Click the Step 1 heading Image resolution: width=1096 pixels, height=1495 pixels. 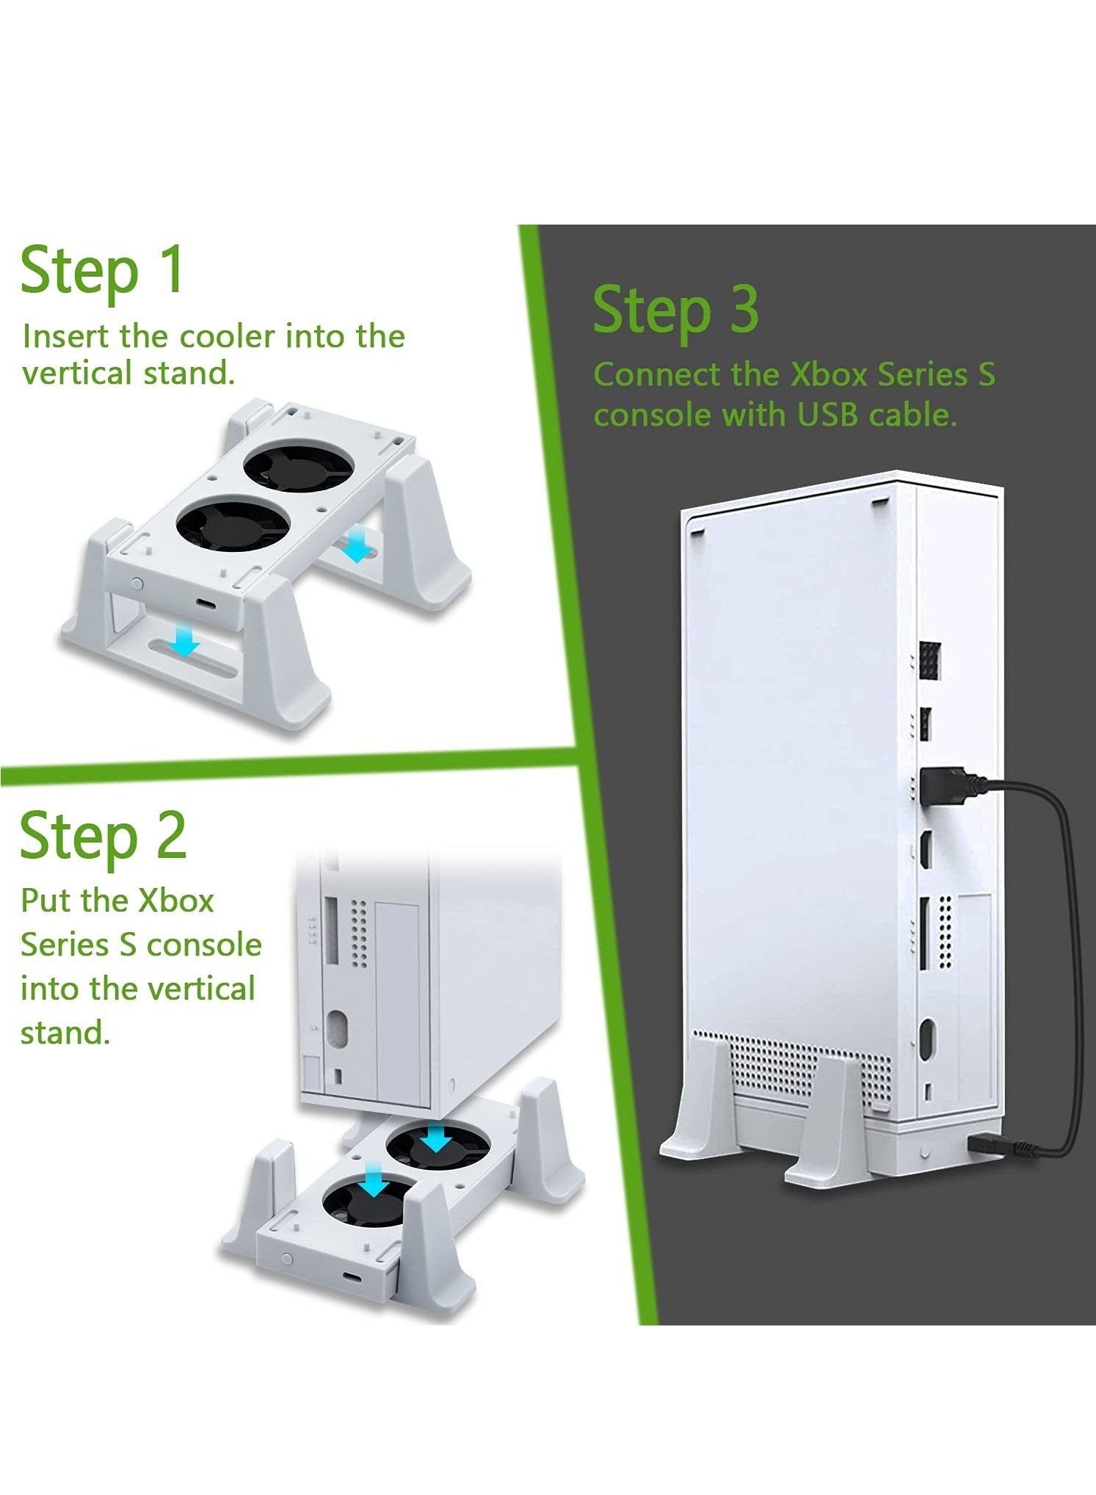102,271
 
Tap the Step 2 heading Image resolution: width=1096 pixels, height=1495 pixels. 104,837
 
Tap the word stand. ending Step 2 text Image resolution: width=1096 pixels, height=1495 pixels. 65,1033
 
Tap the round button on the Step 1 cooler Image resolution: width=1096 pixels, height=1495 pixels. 137,583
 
